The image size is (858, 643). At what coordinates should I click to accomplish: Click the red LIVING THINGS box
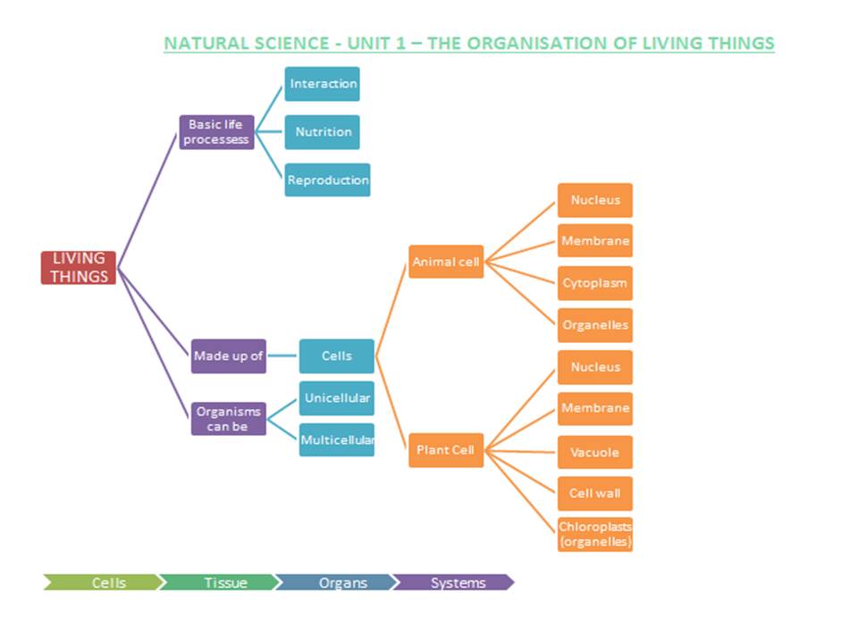(79, 267)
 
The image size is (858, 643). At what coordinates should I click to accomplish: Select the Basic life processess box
(216, 132)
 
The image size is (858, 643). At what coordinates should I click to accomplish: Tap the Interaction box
(322, 84)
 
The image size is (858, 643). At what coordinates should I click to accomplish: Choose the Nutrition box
(322, 132)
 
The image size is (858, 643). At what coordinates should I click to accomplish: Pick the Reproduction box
(327, 180)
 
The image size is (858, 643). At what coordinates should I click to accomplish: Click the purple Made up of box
(229, 355)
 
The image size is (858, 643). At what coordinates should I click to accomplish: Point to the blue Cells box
(336, 355)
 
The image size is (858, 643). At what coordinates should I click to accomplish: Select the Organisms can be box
(229, 419)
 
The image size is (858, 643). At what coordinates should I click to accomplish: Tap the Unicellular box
(336, 398)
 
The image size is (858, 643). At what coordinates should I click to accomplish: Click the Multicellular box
(336, 439)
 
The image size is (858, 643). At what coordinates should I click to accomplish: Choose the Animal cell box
(446, 262)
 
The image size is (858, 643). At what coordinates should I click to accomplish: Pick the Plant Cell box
(445, 450)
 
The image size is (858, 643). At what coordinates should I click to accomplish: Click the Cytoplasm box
(594, 283)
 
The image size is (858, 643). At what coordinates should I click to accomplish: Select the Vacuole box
(594, 452)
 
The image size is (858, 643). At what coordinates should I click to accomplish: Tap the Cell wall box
(594, 493)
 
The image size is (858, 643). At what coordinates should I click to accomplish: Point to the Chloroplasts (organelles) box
(594, 534)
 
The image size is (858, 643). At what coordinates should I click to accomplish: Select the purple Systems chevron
(456, 583)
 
